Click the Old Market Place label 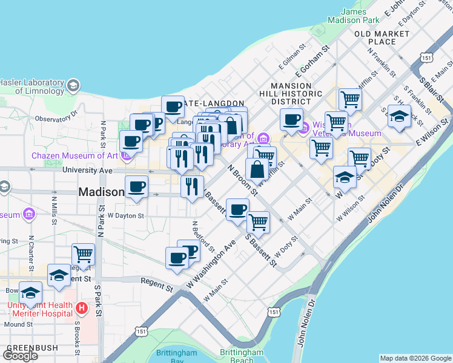click(x=383, y=38)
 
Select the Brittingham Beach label click(x=241, y=356)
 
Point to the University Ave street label click(x=88, y=171)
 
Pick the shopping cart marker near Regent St click(x=83, y=254)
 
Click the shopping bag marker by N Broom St click(x=257, y=169)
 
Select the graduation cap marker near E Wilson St click(x=398, y=117)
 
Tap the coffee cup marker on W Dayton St click(x=136, y=187)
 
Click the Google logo click(x=21, y=355)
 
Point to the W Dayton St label click(x=125, y=215)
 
